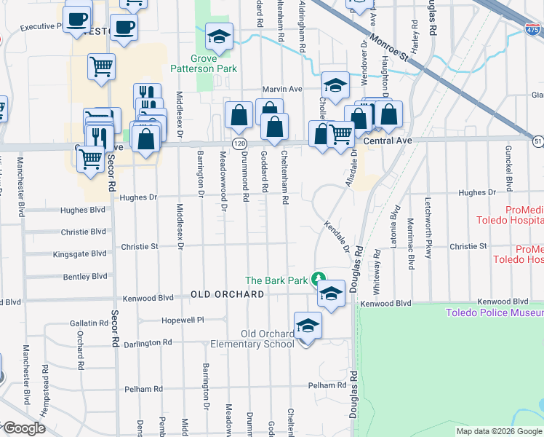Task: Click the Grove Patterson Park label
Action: pos(214,63)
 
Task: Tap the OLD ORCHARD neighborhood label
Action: pos(228,294)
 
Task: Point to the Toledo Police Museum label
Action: pos(495,312)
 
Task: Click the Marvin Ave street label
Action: pos(282,89)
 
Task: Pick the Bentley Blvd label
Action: pos(85,277)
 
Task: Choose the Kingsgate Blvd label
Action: pos(79,254)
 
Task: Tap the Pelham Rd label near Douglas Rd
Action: pos(327,385)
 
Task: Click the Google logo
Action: pos(24,429)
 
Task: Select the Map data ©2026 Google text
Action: pos(499,431)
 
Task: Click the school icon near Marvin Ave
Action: pos(335,84)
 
